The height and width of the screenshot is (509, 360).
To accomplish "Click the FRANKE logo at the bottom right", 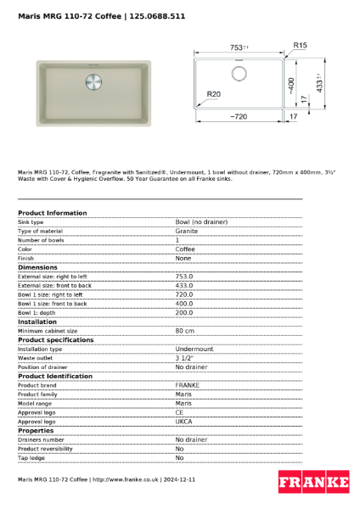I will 314,483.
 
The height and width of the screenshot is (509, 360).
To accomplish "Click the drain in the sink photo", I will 93,83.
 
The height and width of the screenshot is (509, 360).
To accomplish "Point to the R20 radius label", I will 213,94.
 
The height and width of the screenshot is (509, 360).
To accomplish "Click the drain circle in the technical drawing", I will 239,73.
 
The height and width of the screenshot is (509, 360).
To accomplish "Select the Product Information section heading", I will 52,213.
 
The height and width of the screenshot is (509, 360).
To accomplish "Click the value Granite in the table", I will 187,231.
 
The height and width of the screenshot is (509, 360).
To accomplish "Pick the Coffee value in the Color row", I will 185,249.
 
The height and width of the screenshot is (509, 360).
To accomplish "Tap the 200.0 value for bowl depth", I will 184,312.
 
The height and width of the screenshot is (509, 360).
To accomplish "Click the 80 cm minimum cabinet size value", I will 185,331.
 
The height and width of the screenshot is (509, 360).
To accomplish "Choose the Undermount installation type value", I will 194,349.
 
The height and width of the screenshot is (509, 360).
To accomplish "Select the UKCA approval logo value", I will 184,422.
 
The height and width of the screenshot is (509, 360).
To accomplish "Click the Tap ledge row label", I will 32,458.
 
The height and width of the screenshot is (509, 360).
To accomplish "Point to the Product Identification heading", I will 55,376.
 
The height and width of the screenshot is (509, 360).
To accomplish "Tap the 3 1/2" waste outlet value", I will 185,358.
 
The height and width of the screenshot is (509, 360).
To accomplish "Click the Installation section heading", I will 37,322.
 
